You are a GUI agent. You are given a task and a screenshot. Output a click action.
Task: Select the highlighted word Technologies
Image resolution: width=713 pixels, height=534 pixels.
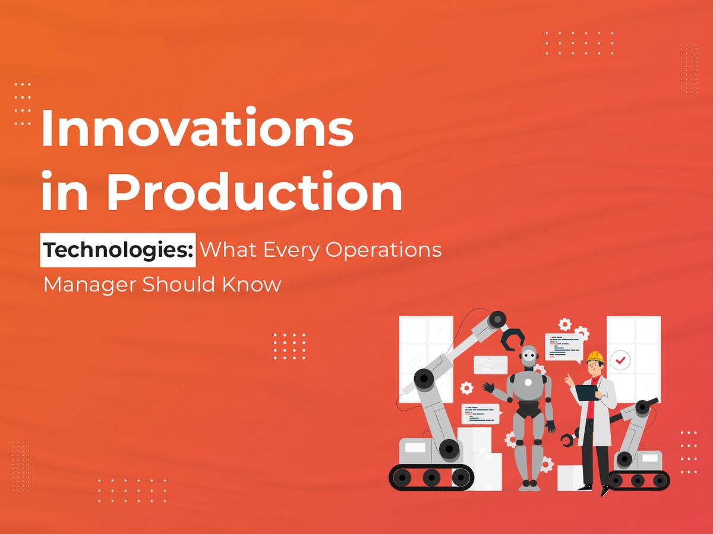[x=118, y=250]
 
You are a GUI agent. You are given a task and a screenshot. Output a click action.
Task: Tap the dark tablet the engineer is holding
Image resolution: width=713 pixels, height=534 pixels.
[x=586, y=392]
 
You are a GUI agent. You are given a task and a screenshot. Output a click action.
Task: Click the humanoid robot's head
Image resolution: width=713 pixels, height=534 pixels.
[x=528, y=359]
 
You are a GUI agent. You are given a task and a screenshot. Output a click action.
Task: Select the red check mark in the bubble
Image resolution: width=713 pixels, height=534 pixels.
[x=621, y=360]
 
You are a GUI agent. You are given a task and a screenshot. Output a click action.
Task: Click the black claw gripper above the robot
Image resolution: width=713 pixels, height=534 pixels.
[x=513, y=339]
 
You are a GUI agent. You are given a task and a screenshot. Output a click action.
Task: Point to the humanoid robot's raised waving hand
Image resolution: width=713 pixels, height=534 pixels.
[x=488, y=387]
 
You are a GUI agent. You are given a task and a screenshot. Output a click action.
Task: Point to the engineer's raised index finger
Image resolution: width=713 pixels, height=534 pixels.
[x=567, y=377]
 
